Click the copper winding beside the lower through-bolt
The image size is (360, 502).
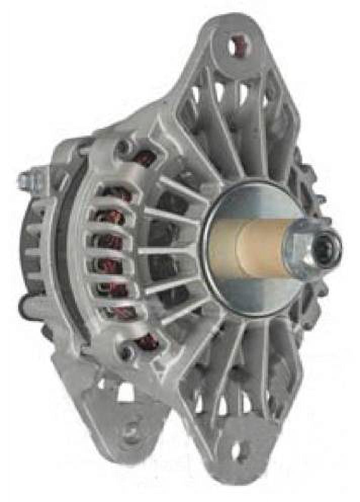point(148,343)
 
